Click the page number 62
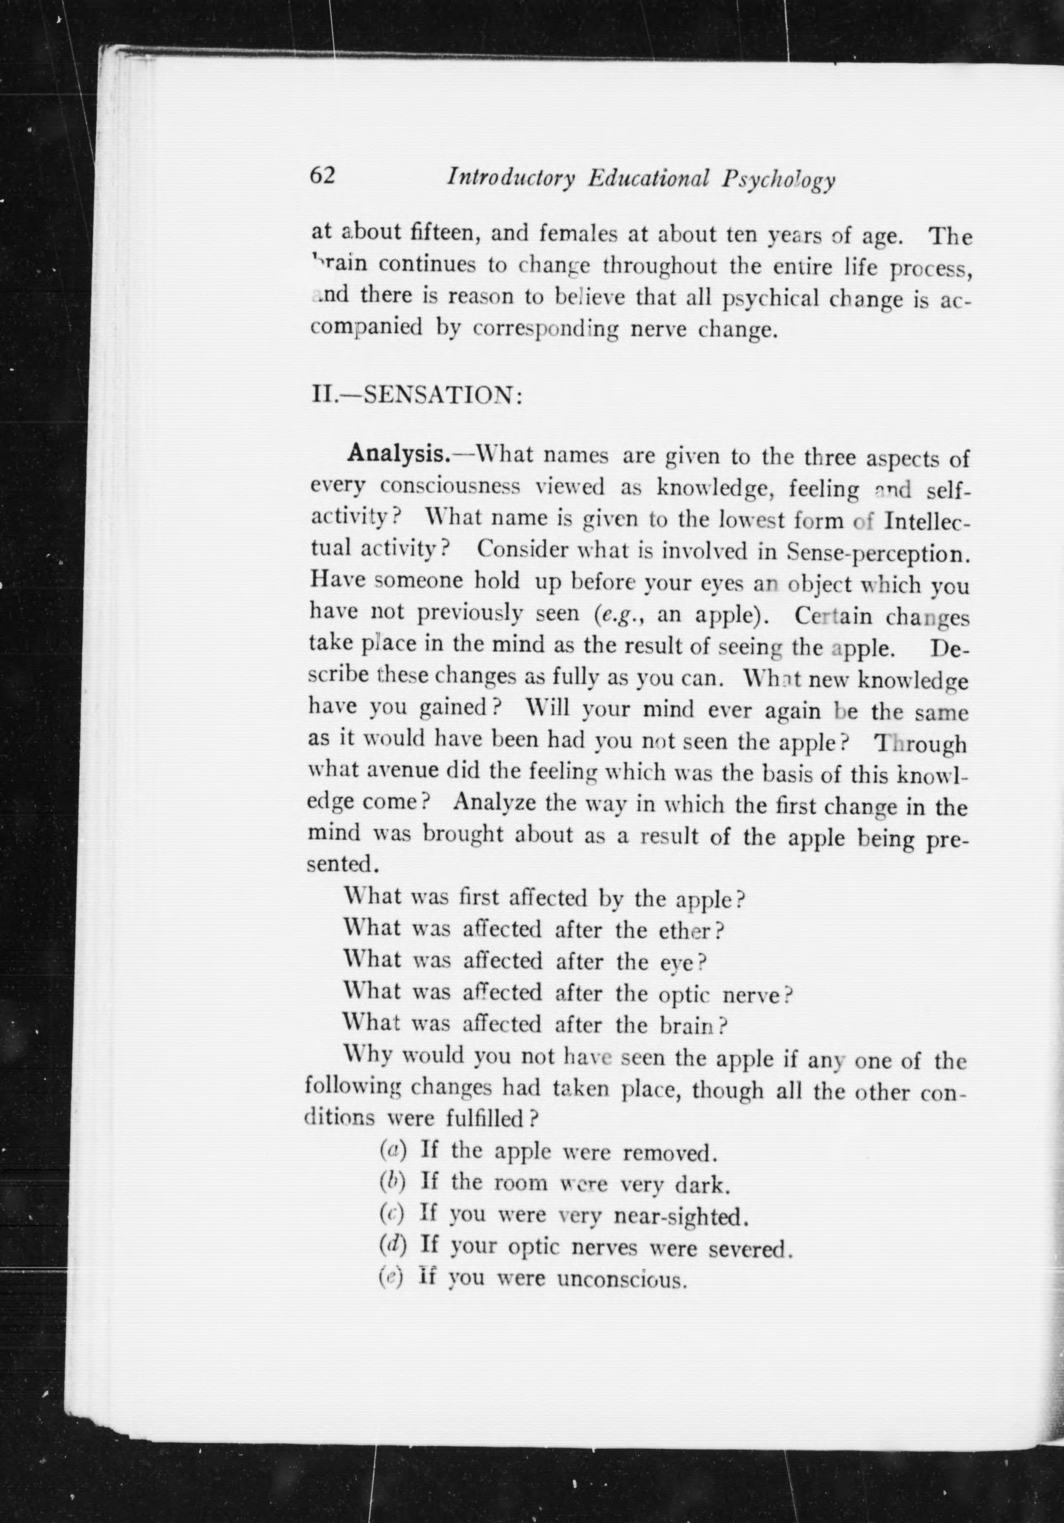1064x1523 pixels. (x=324, y=176)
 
